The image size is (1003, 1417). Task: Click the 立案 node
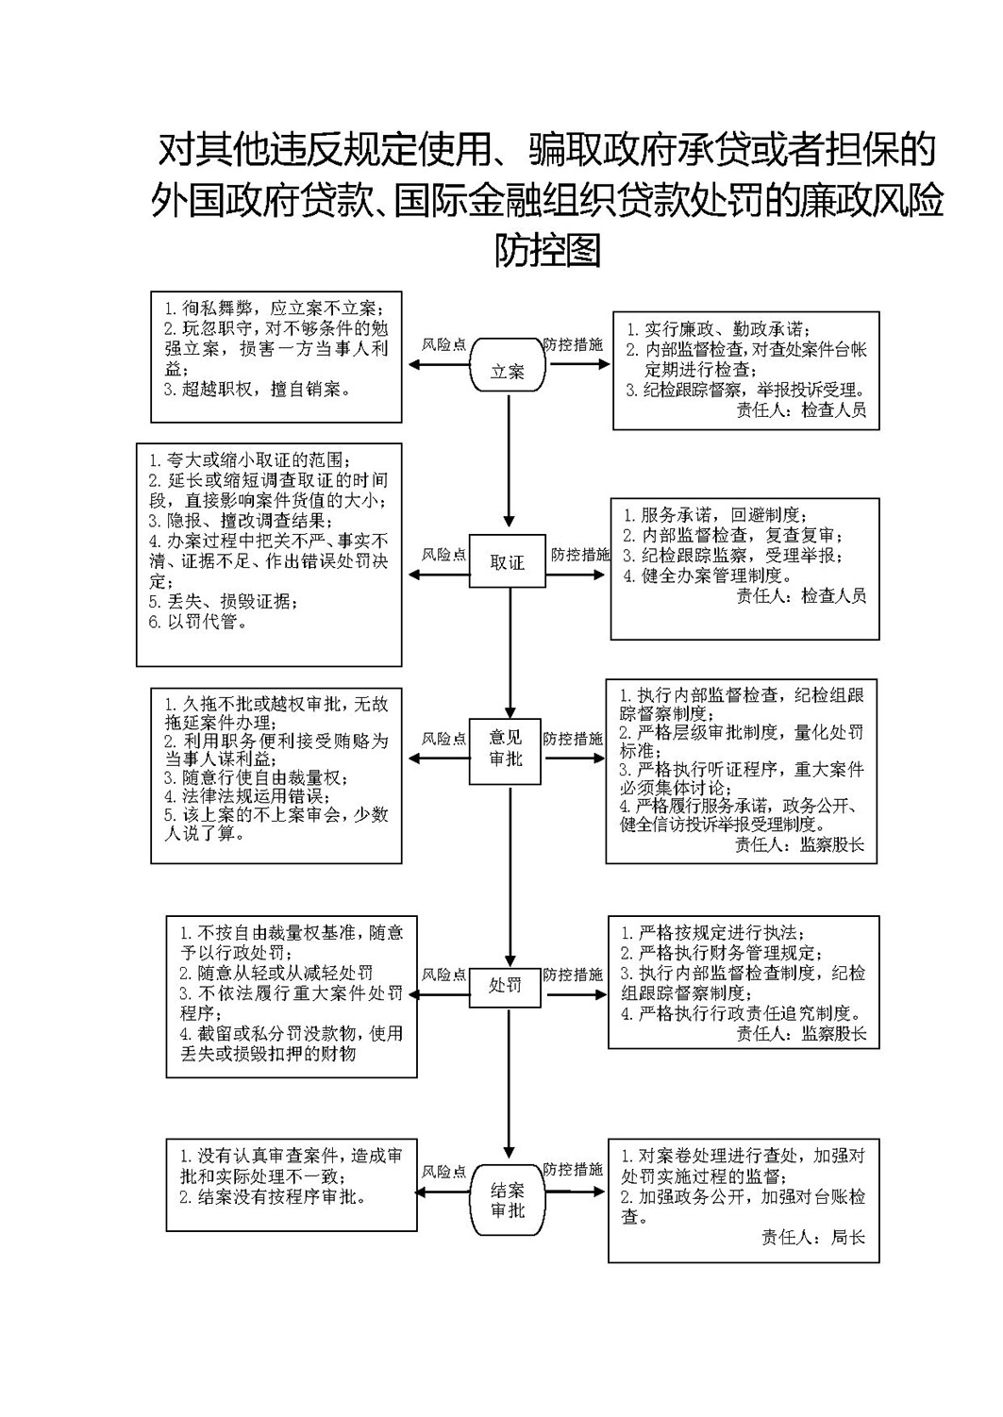(508, 365)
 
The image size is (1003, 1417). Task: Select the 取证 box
(507, 561)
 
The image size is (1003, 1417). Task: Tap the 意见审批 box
(505, 751)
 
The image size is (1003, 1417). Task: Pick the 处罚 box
(505, 986)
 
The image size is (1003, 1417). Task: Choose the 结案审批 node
(508, 1200)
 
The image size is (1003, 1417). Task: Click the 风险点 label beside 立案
(443, 344)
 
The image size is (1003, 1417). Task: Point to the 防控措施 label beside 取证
(579, 555)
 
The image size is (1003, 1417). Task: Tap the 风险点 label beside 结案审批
(443, 1172)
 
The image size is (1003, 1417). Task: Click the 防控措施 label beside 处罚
(572, 975)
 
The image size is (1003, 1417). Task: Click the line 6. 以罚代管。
(198, 622)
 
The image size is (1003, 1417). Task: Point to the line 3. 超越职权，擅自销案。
(258, 389)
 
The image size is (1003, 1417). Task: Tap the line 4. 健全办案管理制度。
(708, 575)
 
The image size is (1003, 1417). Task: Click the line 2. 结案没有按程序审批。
(274, 1196)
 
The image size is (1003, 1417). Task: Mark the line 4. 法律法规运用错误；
(248, 796)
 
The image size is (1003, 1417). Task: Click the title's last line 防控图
(546, 250)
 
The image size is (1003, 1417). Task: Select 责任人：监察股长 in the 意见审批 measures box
(799, 844)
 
